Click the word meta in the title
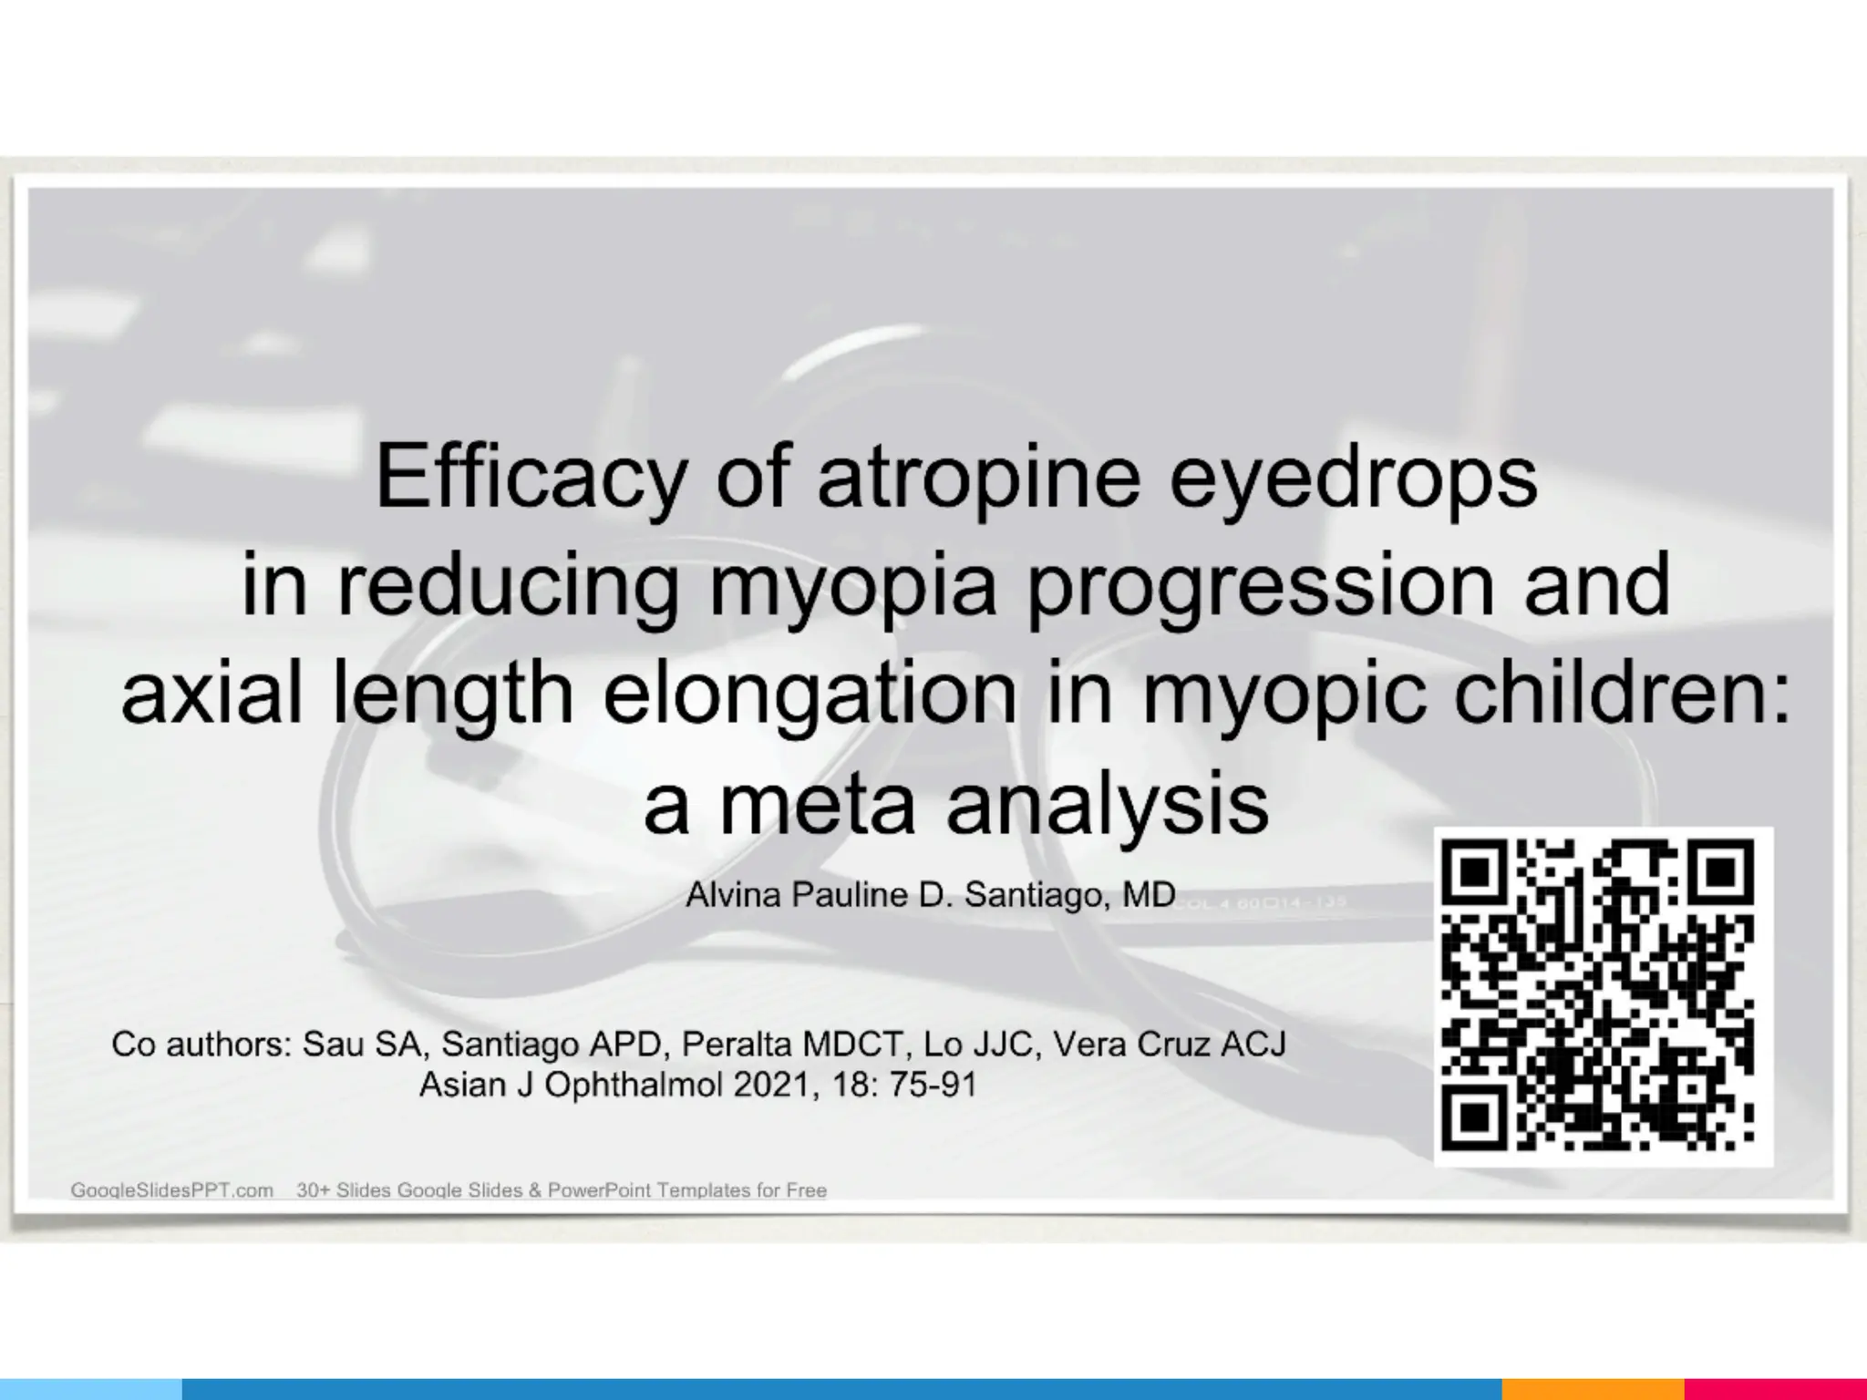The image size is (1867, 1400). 817,803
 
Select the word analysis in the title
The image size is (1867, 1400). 1107,803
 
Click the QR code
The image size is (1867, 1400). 1603,996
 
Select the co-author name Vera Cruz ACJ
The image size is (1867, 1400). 1170,1045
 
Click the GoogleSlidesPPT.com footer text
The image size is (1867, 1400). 172,1190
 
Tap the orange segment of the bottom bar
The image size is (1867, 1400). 1592,1389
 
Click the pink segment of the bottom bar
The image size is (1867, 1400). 1774,1389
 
